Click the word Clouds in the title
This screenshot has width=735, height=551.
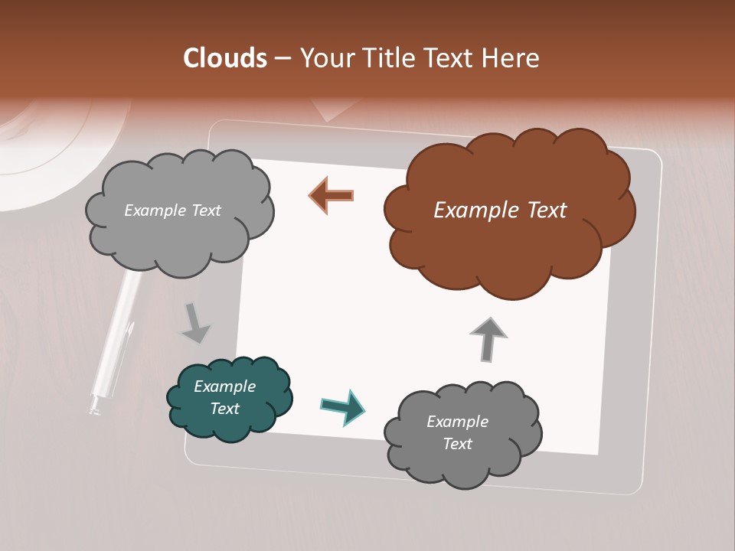click(x=225, y=58)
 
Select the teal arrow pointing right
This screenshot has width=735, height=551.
click(x=343, y=406)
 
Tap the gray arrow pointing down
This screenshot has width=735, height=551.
click(x=194, y=322)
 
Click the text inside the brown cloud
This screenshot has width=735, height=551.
click(x=500, y=210)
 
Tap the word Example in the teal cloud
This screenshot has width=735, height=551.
click(x=224, y=386)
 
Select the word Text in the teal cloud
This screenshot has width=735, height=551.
click(x=224, y=409)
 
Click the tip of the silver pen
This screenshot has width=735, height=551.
click(x=94, y=410)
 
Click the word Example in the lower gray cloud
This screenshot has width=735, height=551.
click(x=457, y=422)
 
